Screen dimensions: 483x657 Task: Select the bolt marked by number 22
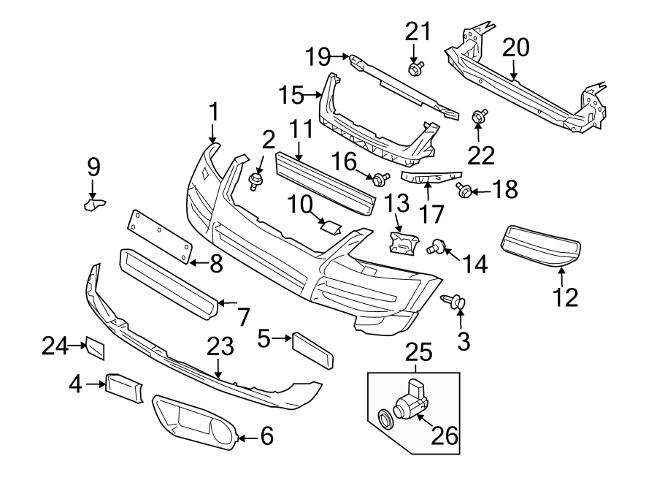click(480, 116)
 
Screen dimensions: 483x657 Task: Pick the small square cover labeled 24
click(96, 349)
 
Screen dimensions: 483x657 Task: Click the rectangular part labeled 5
click(312, 350)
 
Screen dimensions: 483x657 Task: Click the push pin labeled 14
click(435, 246)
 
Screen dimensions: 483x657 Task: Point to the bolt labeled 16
click(380, 178)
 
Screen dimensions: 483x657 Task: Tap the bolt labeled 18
click(464, 190)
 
